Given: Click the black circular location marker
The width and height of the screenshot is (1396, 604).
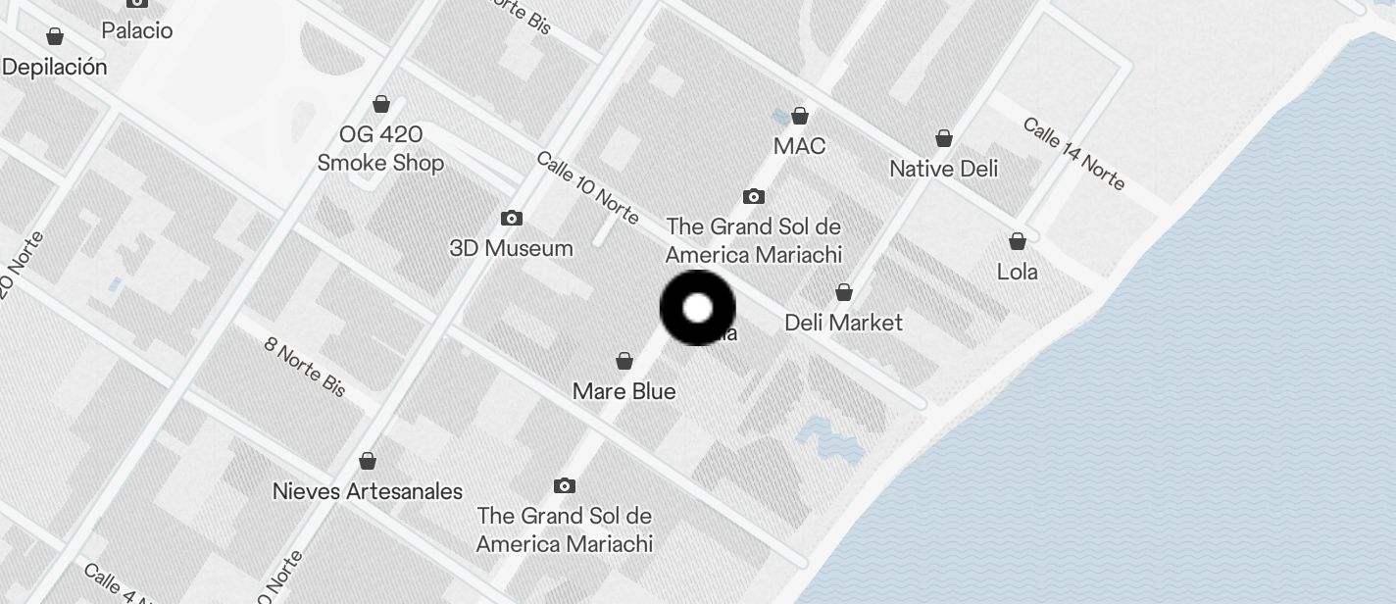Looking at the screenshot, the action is tap(697, 308).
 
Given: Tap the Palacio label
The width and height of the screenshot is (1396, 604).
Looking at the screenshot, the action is tap(137, 30).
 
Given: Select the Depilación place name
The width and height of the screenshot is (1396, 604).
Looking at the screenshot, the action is tap(55, 67).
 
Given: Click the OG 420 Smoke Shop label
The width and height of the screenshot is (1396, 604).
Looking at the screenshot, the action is tap(380, 148).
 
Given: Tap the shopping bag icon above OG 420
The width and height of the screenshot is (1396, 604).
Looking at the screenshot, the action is tap(381, 104).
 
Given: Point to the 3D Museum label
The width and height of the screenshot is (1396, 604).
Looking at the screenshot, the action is tap(511, 248).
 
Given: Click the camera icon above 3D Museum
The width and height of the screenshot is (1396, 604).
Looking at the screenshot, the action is tap(511, 218).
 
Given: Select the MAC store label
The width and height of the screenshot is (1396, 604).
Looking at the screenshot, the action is tap(799, 146).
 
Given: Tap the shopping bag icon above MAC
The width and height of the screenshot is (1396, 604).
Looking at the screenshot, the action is tap(800, 116).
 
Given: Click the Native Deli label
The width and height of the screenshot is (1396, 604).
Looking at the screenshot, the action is tap(943, 169).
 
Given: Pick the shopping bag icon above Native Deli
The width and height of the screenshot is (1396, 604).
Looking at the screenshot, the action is tap(943, 138).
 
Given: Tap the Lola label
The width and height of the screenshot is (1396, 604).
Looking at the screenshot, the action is tap(1017, 272).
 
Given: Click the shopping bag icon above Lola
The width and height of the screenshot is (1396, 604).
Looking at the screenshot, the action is tap(1018, 240).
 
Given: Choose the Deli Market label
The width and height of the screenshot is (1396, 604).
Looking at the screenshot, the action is tap(843, 322).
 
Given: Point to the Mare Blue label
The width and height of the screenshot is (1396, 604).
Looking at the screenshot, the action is tap(623, 391).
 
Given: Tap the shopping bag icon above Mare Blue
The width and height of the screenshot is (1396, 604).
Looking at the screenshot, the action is tap(623, 362).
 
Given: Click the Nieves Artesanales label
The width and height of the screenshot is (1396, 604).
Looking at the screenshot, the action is tap(367, 490).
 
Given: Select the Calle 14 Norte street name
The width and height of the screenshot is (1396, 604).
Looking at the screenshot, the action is tap(1073, 153).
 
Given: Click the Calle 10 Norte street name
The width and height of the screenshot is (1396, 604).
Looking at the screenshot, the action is tap(587, 186).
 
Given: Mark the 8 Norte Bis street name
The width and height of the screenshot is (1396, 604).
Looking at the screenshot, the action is tap(305, 367).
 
